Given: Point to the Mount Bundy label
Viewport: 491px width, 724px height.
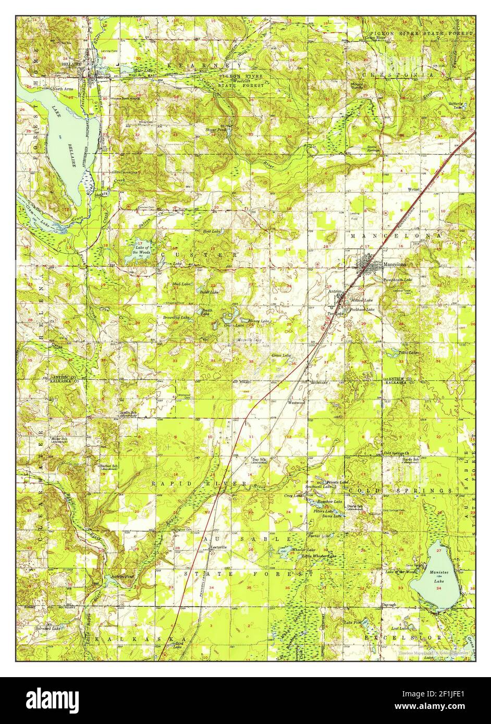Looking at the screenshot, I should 357,85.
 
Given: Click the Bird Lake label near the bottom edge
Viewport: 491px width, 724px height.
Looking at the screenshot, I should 178,646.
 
